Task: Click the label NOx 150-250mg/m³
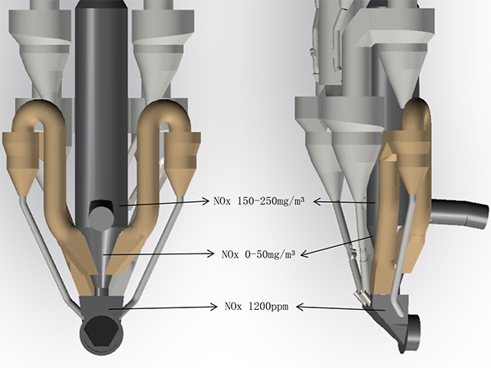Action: point(259,201)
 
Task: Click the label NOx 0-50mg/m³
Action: point(259,254)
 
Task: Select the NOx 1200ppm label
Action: point(256,307)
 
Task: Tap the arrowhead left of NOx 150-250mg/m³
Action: point(205,201)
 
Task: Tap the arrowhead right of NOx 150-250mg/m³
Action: point(318,201)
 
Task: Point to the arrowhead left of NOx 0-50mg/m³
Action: point(211,254)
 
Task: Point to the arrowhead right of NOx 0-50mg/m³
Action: point(304,254)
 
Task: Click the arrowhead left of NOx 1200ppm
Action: point(214,307)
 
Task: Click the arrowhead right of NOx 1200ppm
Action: point(300,307)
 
